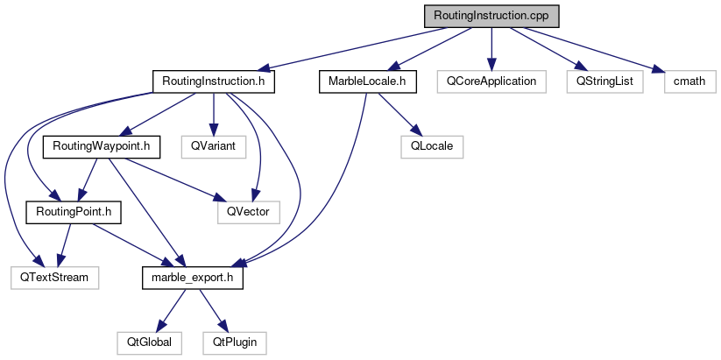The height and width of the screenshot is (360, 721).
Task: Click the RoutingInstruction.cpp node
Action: [x=491, y=17]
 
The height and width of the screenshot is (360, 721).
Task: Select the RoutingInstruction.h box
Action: [x=214, y=81]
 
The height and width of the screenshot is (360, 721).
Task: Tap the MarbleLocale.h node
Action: [x=367, y=81]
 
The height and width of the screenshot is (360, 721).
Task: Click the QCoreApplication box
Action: [x=491, y=81]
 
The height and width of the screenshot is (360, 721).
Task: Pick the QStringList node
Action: [x=604, y=81]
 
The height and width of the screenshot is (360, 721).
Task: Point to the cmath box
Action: [x=689, y=81]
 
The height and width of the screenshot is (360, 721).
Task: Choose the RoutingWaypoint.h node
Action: [x=102, y=146]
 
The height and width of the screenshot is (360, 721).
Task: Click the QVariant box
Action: [x=213, y=146]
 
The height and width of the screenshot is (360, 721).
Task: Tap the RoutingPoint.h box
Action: [x=74, y=211]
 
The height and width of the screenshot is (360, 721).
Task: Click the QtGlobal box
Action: [x=149, y=341]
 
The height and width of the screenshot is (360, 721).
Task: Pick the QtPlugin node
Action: [x=234, y=341]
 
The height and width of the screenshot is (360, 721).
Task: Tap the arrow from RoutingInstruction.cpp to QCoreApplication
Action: [x=491, y=48]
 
